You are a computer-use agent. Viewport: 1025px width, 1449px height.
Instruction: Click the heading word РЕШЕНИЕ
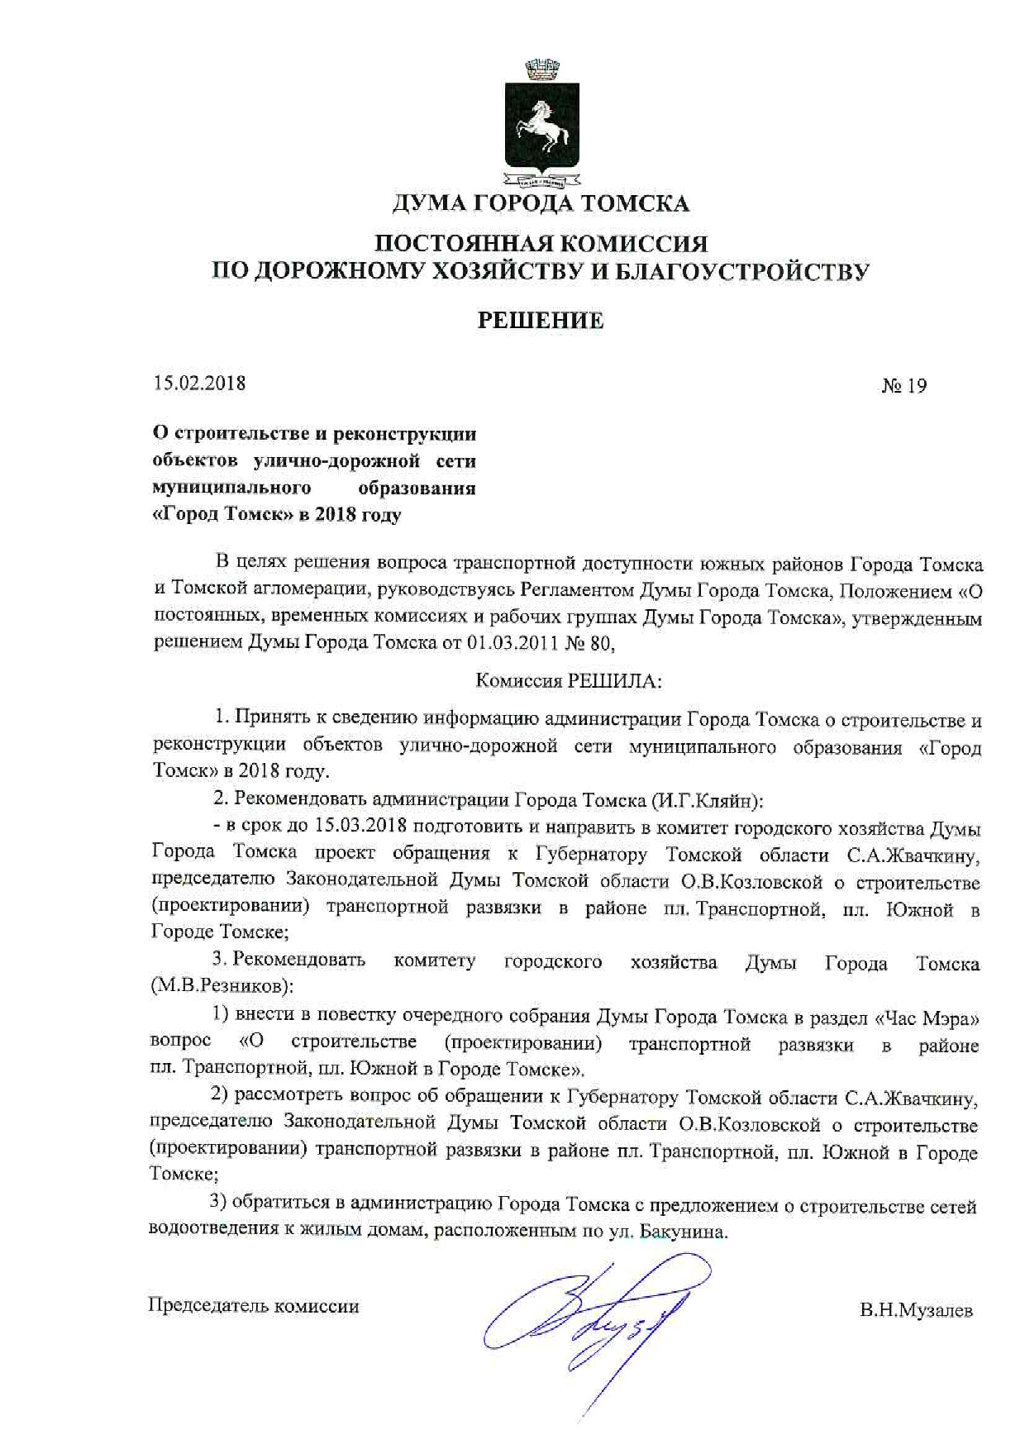point(541,321)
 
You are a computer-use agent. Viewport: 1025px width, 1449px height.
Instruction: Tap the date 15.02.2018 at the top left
point(199,383)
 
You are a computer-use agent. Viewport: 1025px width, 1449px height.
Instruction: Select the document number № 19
point(904,385)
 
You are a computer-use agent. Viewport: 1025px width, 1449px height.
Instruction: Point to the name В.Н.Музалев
point(916,1310)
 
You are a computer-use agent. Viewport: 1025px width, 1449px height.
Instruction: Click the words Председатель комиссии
point(253,1306)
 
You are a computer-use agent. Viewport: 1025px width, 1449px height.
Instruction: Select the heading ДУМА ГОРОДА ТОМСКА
point(541,203)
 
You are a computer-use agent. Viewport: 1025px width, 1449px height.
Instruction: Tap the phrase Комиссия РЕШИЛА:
point(569,681)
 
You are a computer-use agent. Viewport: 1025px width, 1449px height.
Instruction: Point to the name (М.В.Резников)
point(222,986)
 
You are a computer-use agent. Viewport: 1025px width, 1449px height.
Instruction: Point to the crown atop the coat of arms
point(542,69)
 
